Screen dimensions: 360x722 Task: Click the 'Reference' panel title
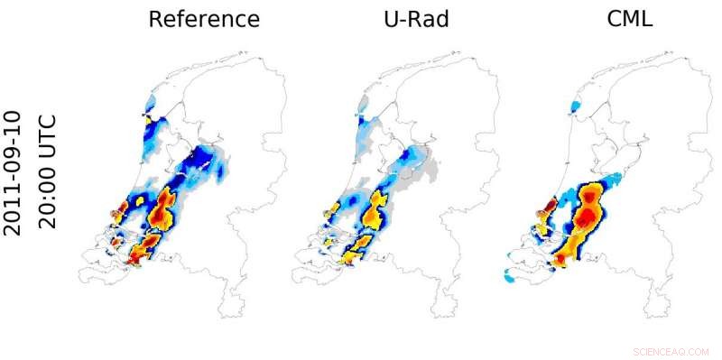point(204,20)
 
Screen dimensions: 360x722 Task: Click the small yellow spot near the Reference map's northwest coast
point(148,117)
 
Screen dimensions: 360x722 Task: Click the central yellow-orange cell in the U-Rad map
point(373,213)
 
